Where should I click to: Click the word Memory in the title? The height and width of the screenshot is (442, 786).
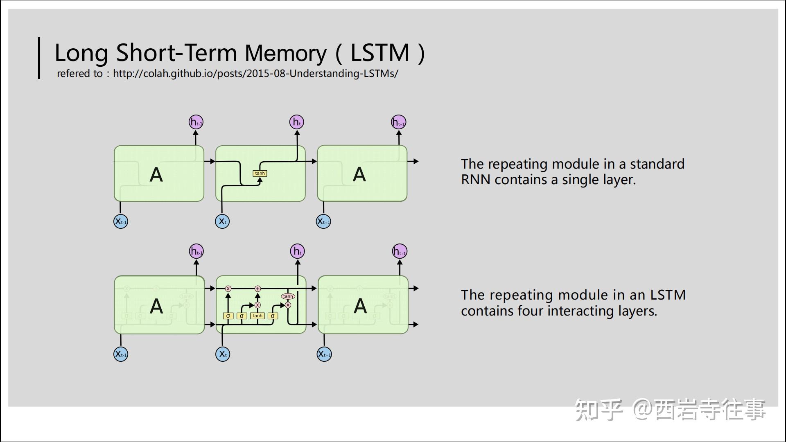pos(285,53)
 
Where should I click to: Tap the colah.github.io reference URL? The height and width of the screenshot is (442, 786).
pos(255,74)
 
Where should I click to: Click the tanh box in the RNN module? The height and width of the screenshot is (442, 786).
pos(260,174)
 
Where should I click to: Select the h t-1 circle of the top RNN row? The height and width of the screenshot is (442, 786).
pos(196,122)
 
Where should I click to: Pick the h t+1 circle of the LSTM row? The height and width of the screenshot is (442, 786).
pos(400,251)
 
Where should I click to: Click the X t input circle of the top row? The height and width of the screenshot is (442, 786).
pos(222,221)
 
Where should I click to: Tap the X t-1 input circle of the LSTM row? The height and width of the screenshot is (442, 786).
pos(121,354)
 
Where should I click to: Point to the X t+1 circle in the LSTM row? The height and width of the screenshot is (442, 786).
pos(324,354)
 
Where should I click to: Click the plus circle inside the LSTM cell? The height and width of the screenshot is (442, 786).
pos(257,289)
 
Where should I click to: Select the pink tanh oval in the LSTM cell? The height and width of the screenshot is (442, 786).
pos(288,296)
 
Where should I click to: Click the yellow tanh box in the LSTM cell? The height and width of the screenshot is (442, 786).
pos(257,316)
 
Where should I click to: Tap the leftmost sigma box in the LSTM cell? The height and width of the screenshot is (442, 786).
pos(228,316)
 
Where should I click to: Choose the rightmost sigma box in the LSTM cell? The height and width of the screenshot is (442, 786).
pos(273,316)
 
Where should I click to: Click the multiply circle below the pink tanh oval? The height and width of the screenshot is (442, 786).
pos(288,305)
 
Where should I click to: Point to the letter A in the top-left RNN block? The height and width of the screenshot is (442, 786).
pos(156,175)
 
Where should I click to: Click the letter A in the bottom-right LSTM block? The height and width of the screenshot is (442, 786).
pos(360,306)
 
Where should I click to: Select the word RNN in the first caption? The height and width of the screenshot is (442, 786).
pos(475,180)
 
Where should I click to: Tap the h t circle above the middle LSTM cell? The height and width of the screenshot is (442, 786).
pos(298,251)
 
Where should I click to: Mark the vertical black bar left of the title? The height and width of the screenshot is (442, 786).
pos(39,58)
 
